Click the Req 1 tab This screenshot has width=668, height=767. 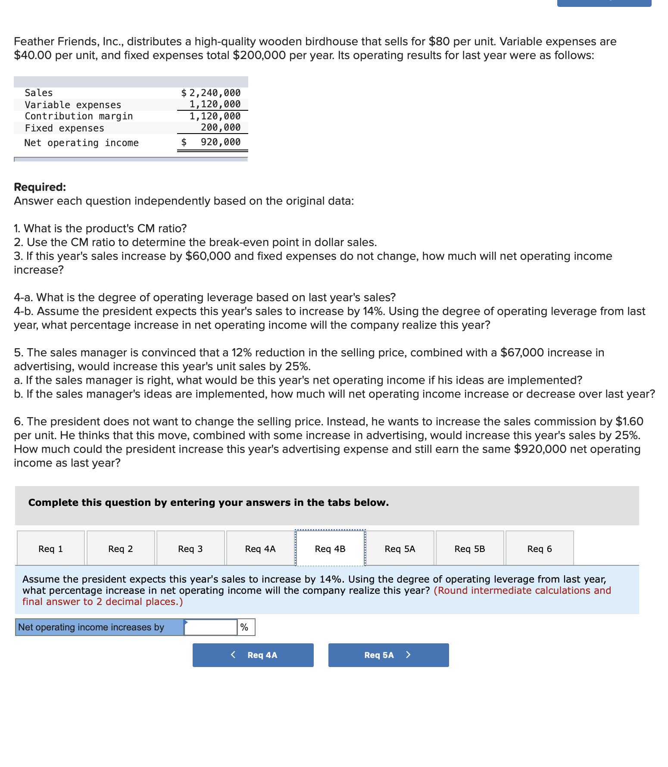pyautogui.click(x=51, y=549)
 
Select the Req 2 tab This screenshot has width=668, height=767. pyautogui.click(x=121, y=549)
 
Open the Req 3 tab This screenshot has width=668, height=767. pyautogui.click(x=190, y=549)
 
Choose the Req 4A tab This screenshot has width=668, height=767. pyautogui.click(x=260, y=549)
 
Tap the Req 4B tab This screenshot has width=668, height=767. pyautogui.click(x=330, y=549)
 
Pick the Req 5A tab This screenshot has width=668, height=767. pyautogui.click(x=400, y=549)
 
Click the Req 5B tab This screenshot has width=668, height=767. pyautogui.click(x=470, y=549)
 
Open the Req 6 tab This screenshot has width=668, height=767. pyautogui.click(x=540, y=549)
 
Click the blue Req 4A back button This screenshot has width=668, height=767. pyautogui.click(x=253, y=655)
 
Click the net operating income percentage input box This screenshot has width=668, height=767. pyautogui.click(x=211, y=627)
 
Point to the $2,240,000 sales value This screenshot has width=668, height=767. pyautogui.click(x=211, y=93)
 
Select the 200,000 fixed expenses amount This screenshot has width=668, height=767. pyautogui.click(x=220, y=128)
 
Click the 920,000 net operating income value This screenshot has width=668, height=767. pyautogui.click(x=220, y=142)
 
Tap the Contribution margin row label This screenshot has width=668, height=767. pyautogui.click(x=79, y=116)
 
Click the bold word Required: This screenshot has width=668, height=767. pyautogui.click(x=40, y=187)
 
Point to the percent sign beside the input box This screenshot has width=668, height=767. pyautogui.click(x=244, y=627)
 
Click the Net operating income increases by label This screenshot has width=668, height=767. pyautogui.click(x=91, y=627)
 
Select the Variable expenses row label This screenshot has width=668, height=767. pyautogui.click(x=73, y=105)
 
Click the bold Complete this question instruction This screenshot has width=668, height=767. pyautogui.click(x=209, y=502)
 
